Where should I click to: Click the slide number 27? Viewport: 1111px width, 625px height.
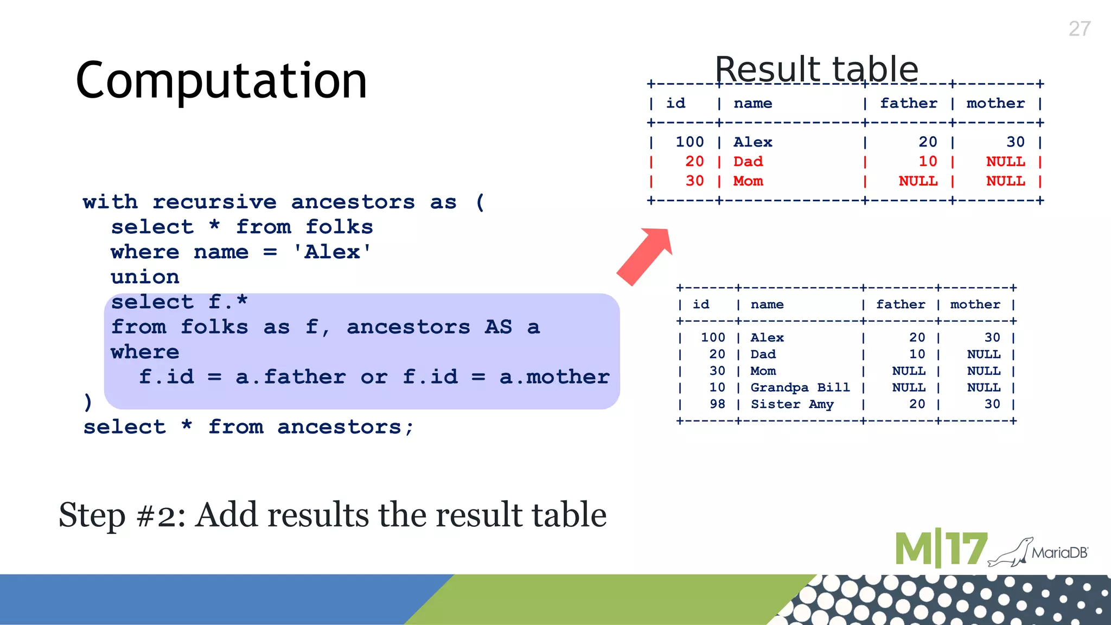1079,29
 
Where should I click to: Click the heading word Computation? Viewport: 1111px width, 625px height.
221,80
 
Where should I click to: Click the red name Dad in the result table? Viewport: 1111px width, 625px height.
748,162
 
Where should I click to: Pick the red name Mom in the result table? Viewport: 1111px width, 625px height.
748,181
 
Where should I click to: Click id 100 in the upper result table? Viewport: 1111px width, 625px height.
689,142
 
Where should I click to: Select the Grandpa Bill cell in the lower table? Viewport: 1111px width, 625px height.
800,387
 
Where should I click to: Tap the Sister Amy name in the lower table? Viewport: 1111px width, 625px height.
792,404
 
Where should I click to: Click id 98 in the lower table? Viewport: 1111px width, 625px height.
717,404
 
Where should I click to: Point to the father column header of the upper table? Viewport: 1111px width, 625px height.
909,103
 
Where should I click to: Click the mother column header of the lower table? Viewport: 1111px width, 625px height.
975,304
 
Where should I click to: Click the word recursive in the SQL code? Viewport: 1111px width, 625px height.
214,202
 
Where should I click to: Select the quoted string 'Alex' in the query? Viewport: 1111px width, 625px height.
332,252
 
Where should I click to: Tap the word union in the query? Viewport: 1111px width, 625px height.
145,277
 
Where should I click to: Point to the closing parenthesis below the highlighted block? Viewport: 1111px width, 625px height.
88,402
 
